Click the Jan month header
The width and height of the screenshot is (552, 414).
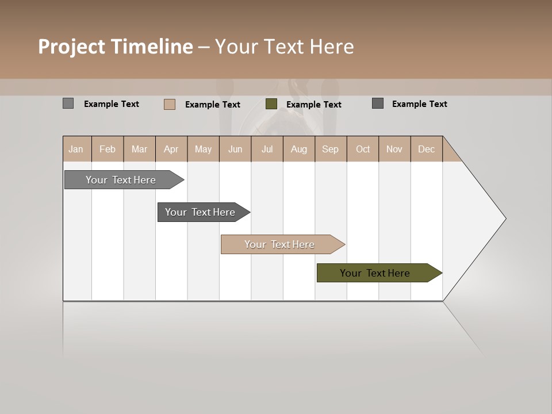point(76,149)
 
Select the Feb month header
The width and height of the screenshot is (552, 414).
point(108,149)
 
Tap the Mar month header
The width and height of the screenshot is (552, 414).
point(139,149)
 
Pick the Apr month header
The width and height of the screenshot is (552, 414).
point(171,149)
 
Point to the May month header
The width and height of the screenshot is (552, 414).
point(203,149)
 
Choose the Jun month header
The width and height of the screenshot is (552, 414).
point(235,149)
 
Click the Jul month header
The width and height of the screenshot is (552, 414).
point(267,149)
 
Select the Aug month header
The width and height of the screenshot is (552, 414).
point(299,149)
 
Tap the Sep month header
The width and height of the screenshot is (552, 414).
point(331,149)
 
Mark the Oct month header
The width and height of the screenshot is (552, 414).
point(363,149)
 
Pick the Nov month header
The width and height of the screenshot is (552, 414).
point(394,149)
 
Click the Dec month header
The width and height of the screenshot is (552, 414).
point(427,149)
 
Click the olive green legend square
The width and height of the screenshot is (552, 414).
point(271,104)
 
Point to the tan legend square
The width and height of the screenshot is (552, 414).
point(170,104)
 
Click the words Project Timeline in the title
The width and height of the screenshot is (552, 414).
point(116,47)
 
